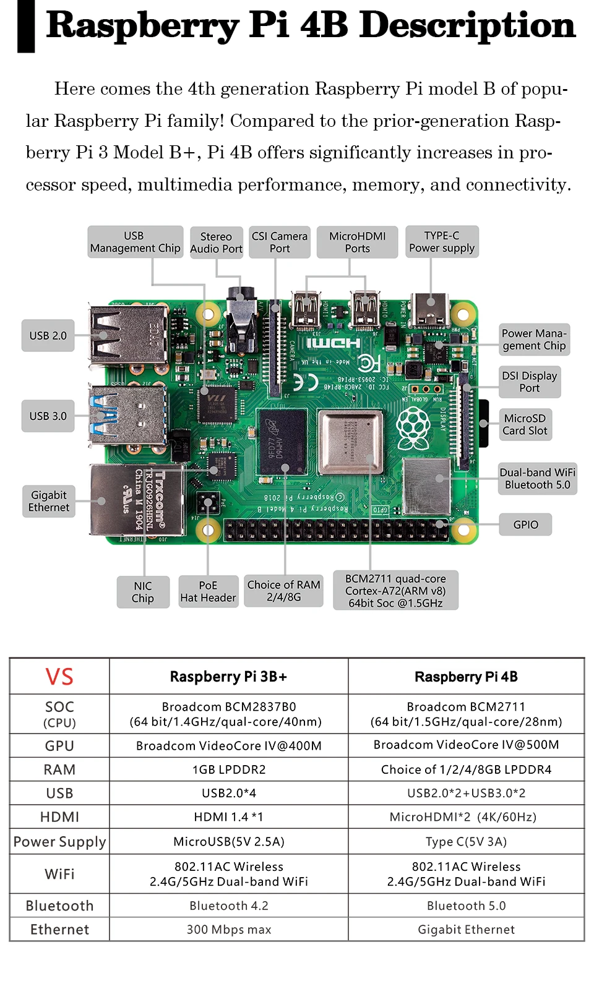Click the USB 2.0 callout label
(x=48, y=336)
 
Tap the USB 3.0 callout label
(x=48, y=416)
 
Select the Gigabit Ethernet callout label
(x=48, y=501)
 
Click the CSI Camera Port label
(x=280, y=242)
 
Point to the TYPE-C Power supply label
(x=442, y=242)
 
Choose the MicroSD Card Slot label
(x=525, y=424)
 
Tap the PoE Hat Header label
(x=208, y=591)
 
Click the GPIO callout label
(x=525, y=524)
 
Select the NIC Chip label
(x=143, y=592)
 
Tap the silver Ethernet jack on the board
(x=137, y=500)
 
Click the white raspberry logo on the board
(x=413, y=428)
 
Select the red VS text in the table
(x=59, y=677)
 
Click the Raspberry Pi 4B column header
(x=466, y=677)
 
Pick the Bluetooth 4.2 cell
(x=229, y=906)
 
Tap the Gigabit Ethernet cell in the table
(x=466, y=929)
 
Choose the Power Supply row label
(x=59, y=842)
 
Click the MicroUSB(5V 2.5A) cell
(x=229, y=842)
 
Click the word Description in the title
(x=467, y=26)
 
